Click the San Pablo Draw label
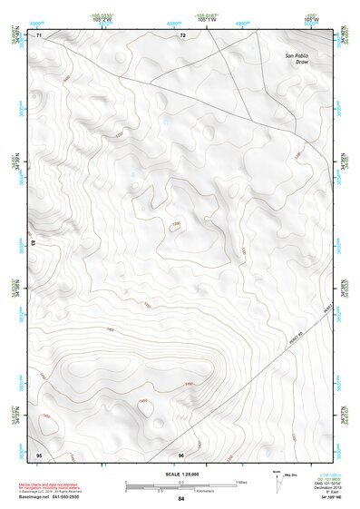297,61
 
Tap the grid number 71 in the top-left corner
39,35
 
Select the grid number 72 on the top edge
182,35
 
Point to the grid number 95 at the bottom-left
38,454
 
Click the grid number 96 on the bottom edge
181,454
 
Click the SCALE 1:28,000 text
181,474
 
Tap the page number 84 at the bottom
181,499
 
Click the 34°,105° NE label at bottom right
332,499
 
